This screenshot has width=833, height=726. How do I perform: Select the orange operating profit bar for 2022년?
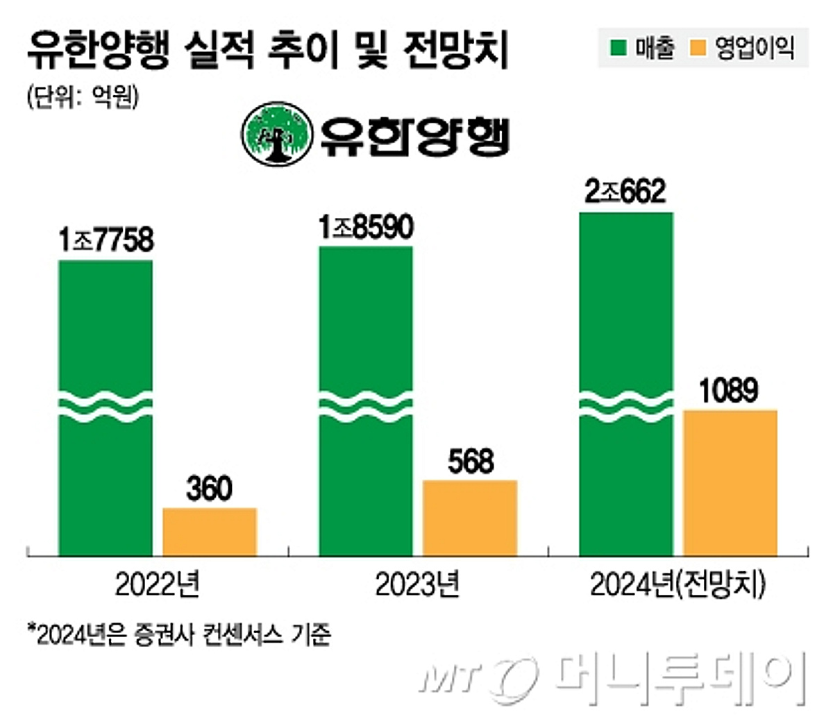[x=210, y=531]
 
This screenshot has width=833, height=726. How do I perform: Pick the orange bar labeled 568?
[x=470, y=517]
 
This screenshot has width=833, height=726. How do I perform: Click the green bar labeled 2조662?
[x=626, y=305]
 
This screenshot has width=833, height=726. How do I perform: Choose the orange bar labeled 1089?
[x=730, y=482]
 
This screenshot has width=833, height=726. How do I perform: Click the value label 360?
[x=209, y=489]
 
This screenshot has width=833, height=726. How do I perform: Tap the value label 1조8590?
[x=366, y=228]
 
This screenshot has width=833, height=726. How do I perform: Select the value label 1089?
[x=728, y=391]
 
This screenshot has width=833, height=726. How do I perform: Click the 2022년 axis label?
[x=158, y=585]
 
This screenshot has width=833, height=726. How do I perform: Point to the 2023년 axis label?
[x=418, y=585]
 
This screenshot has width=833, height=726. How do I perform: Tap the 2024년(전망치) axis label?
[x=678, y=585]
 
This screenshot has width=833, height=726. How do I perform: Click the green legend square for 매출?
[x=618, y=48]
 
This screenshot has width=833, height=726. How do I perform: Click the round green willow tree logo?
[x=276, y=134]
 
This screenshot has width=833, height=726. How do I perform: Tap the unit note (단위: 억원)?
[x=83, y=96]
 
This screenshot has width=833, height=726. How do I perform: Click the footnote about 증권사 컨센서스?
[x=179, y=634]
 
